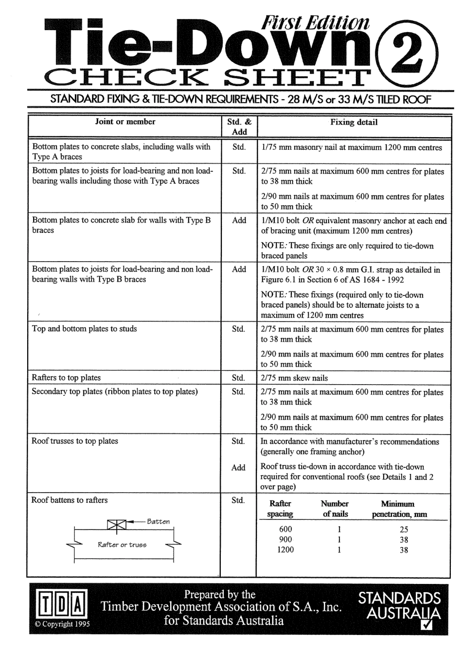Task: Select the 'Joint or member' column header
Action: click(x=125, y=122)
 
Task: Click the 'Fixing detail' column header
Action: click(x=354, y=123)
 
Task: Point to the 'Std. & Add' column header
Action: click(x=239, y=127)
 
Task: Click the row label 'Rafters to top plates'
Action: click(x=66, y=378)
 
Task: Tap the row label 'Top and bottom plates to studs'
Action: click(x=84, y=329)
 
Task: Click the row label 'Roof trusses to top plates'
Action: click(x=75, y=441)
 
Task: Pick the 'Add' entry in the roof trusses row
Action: click(x=238, y=468)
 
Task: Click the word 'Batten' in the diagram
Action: click(x=159, y=522)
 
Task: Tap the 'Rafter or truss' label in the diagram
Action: click(x=122, y=545)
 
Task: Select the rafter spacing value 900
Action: click(x=286, y=540)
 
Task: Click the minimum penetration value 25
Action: click(x=404, y=530)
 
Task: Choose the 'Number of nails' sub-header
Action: click(x=335, y=509)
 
